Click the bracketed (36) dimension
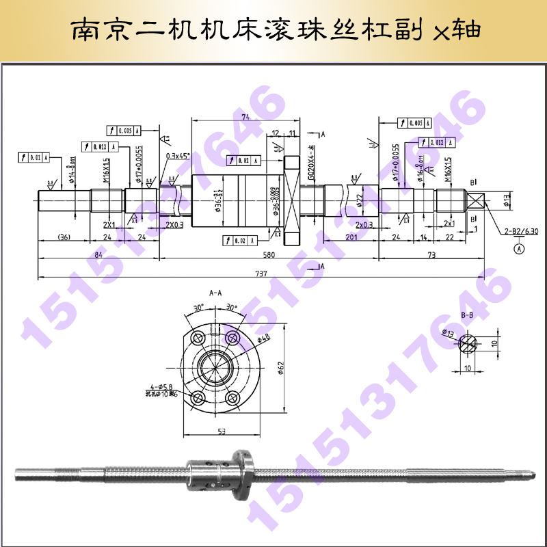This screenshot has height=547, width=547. click(64, 237)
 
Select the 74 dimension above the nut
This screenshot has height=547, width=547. click(245, 118)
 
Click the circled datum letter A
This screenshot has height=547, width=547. click(519, 250)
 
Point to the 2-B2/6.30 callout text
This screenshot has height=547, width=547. click(522, 232)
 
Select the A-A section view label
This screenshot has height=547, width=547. click(216, 292)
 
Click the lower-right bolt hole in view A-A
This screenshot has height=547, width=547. click(232, 397)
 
